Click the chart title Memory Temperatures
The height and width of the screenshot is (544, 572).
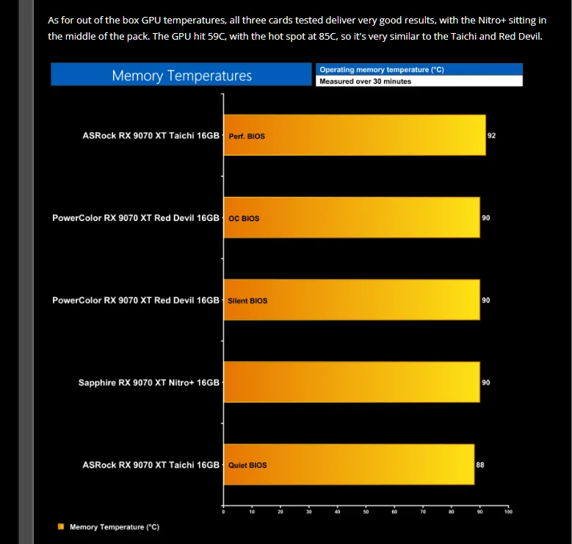coord(181,76)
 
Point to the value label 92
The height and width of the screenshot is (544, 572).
coord(491,136)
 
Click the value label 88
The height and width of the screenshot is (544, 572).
coord(480,465)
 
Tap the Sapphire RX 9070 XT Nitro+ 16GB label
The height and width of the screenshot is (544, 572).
coord(149,382)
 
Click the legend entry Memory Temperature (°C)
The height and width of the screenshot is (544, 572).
coord(115,527)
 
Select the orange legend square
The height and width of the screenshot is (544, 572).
coord(62,526)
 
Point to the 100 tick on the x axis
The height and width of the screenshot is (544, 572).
coord(508,512)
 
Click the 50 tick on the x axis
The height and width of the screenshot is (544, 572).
coord(366,512)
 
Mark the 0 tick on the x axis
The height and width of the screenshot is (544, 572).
coord(223,512)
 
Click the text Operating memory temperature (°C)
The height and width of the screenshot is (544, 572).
coord(382,70)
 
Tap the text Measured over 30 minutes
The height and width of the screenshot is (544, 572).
coord(366,81)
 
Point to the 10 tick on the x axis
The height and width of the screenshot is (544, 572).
coord(252,512)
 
